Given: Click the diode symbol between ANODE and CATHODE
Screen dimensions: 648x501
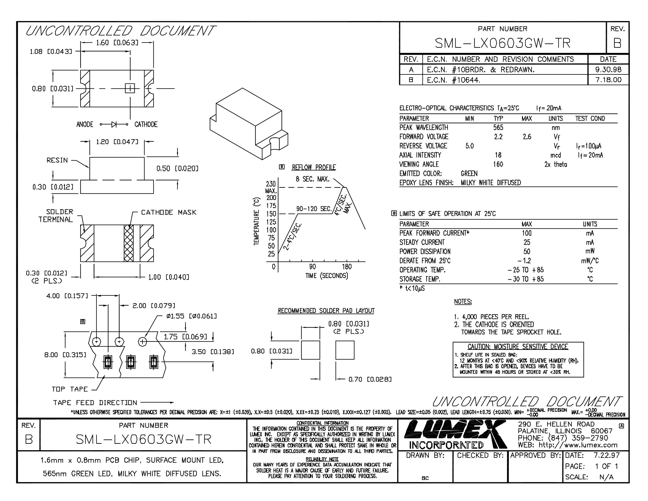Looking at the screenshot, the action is [x=114, y=124].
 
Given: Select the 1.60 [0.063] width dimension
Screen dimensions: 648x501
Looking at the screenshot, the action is [x=117, y=43].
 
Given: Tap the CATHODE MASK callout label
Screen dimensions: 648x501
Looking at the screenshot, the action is [x=169, y=212].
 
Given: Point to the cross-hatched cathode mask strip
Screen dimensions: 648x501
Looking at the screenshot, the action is [x=129, y=243].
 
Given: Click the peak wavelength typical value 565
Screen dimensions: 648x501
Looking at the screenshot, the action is [x=498, y=127].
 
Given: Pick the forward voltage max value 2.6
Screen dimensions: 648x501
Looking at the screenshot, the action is [x=527, y=137].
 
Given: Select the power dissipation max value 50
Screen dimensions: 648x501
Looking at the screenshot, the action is [x=527, y=251].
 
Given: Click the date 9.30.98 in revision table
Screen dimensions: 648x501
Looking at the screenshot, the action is [x=608, y=69].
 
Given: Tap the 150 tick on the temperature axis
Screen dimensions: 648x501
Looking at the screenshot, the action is [x=271, y=214].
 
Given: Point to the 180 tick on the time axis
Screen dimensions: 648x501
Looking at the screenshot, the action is [x=347, y=267].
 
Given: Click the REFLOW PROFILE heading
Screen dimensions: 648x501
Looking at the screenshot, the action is [x=314, y=167].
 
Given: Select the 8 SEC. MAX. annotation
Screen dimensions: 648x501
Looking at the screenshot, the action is [x=313, y=179].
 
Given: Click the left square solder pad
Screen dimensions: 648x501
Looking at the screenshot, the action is [x=311, y=350].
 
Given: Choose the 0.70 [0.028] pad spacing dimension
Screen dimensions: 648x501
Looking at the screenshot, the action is [x=370, y=379].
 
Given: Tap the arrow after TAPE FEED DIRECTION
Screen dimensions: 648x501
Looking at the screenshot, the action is [x=157, y=403].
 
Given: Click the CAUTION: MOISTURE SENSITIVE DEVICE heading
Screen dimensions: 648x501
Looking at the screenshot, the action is [x=518, y=347].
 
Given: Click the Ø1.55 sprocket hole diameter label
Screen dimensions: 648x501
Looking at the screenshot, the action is [x=192, y=316].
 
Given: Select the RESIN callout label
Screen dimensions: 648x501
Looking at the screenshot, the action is [x=57, y=160].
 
